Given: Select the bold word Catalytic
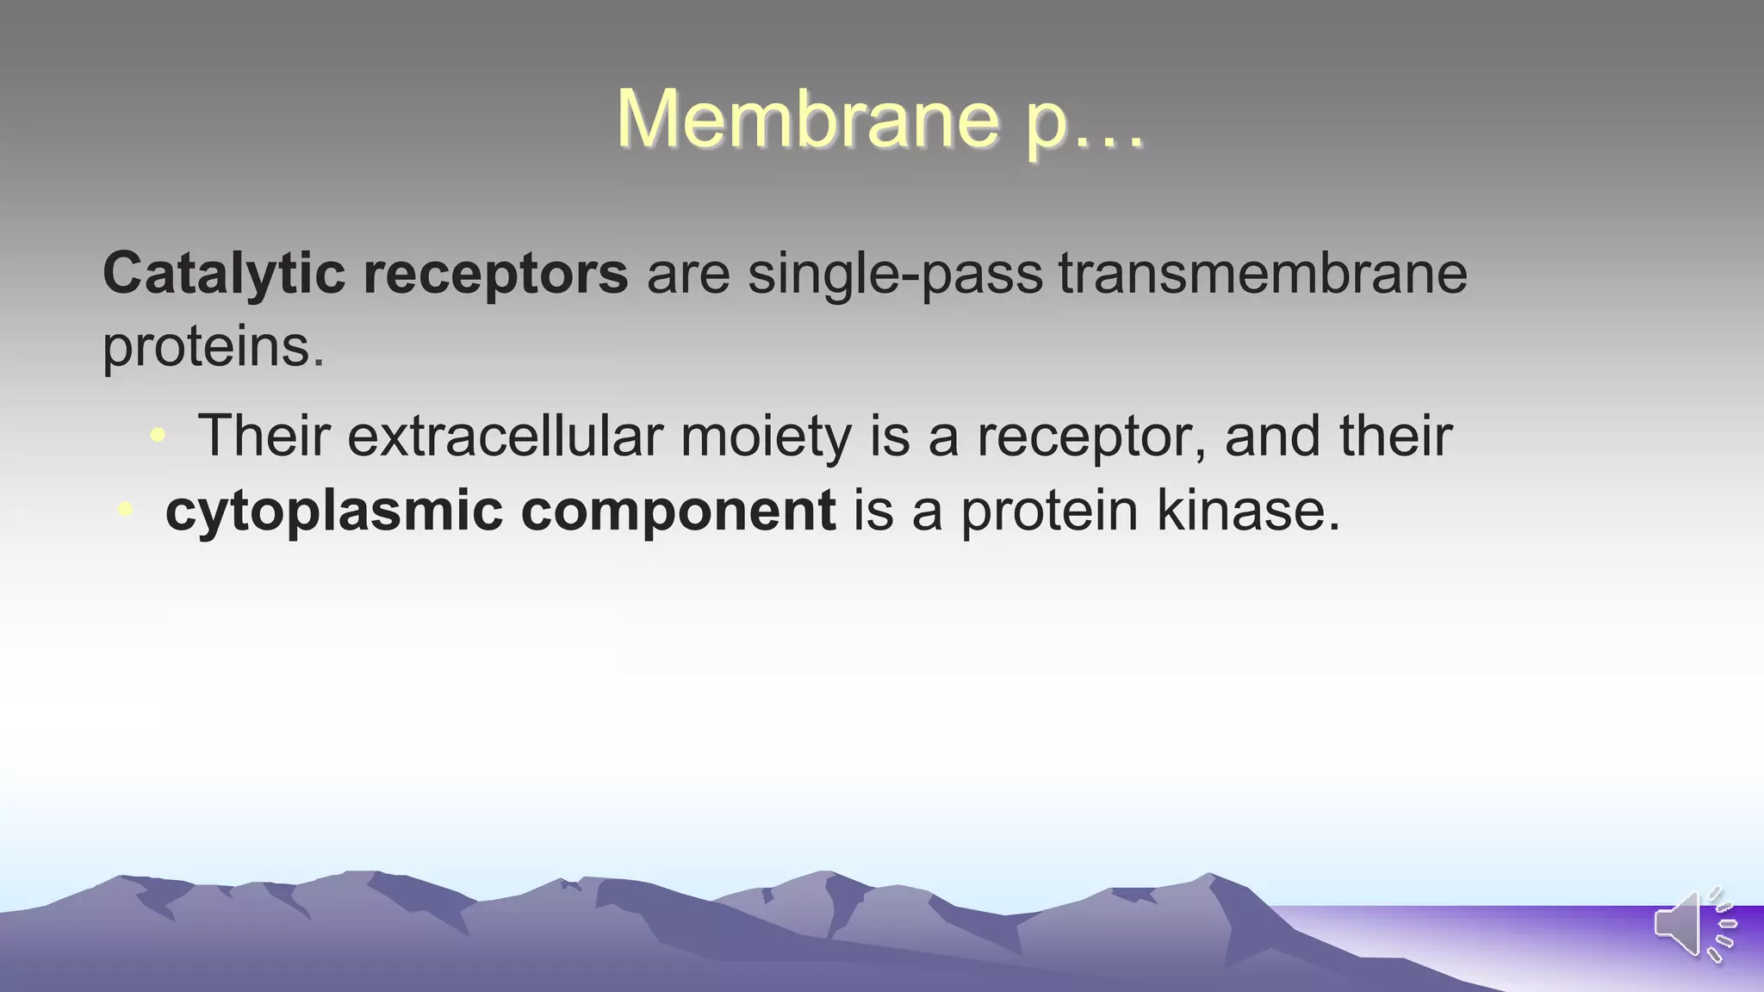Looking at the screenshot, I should [x=224, y=274].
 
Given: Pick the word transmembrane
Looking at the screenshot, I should [x=1263, y=274].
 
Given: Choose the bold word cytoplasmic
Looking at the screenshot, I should [x=333, y=512].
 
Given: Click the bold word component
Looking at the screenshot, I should [x=678, y=512].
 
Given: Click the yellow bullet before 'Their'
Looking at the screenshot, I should [x=157, y=436].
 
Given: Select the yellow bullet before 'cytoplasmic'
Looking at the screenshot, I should [x=126, y=510].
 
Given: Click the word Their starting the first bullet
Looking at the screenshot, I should [x=264, y=436].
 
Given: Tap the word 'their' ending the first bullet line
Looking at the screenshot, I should [x=1395, y=436].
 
